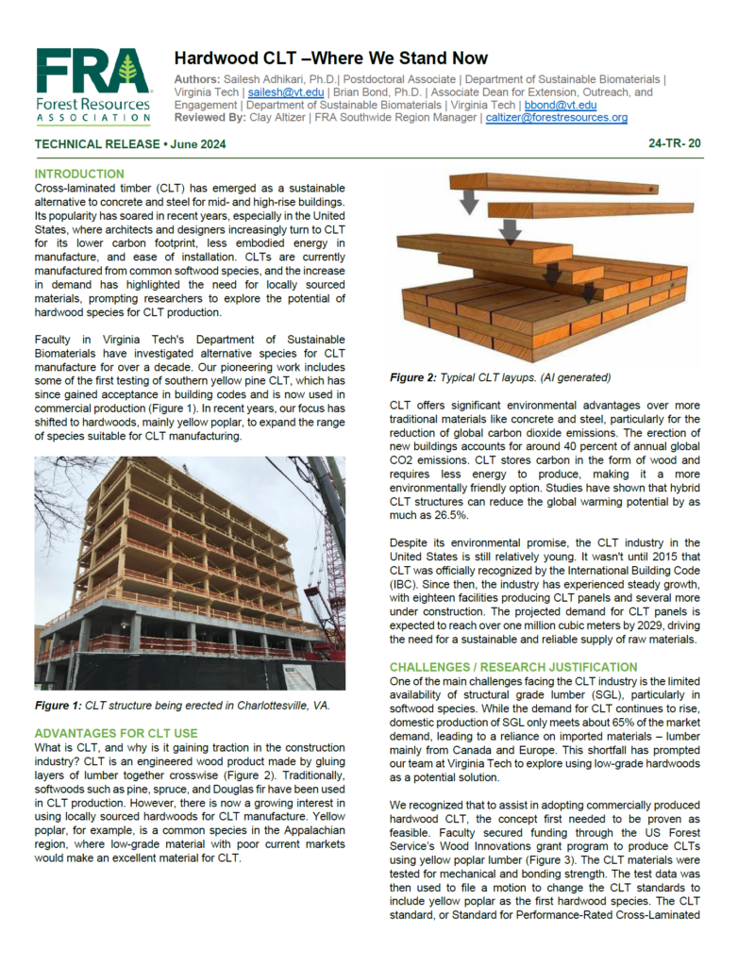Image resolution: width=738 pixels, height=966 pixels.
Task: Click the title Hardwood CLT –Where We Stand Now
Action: click(x=331, y=58)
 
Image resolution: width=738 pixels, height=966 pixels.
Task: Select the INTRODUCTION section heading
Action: click(x=79, y=175)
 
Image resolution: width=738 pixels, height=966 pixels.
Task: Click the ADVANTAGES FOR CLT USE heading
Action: click(x=116, y=732)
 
